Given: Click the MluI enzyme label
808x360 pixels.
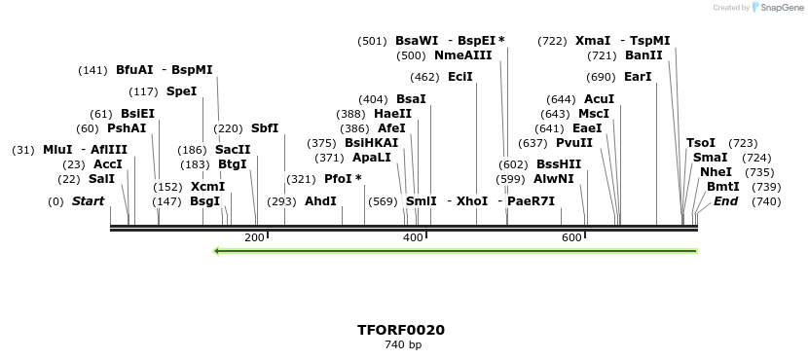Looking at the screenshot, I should [57, 150].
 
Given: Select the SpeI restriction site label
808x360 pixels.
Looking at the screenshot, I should [181, 91].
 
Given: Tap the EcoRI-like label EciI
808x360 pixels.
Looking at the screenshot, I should [460, 77].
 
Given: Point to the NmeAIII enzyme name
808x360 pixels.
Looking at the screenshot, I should [462, 55].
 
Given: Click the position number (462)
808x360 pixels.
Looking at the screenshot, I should [424, 77].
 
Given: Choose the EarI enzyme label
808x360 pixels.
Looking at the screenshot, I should [638, 77].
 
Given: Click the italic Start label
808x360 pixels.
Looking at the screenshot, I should [88, 201].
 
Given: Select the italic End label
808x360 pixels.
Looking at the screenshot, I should [725, 201].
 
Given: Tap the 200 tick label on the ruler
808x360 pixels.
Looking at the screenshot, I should [254, 237].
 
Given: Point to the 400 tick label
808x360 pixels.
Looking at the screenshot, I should [413, 237].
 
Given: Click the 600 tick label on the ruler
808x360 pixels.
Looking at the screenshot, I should [571, 237].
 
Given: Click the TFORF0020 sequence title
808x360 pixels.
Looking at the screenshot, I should [401, 330].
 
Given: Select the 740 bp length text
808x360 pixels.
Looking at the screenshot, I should [402, 344].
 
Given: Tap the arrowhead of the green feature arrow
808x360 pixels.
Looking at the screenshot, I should [218, 251].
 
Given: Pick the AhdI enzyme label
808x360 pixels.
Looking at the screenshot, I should [320, 201].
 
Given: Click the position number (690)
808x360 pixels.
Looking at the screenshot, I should [601, 77].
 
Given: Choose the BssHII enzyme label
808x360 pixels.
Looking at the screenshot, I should [559, 164].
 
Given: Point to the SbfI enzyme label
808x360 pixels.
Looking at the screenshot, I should [265, 128].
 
